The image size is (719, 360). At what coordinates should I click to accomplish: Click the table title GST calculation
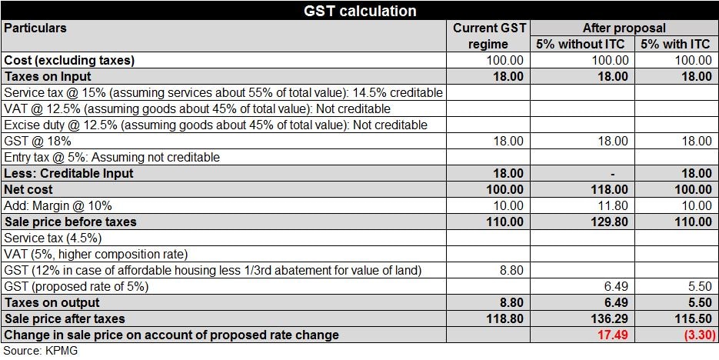(x=359, y=11)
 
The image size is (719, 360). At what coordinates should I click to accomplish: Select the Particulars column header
(x=35, y=28)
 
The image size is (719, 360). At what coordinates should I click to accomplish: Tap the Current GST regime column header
(x=489, y=36)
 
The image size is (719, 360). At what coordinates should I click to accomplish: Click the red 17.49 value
(x=612, y=335)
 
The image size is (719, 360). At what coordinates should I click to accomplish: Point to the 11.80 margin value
(x=613, y=205)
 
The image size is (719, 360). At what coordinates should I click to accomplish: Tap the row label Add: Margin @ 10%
(x=58, y=205)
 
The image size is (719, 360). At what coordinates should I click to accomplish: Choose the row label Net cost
(x=29, y=189)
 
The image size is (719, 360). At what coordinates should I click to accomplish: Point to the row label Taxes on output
(x=51, y=302)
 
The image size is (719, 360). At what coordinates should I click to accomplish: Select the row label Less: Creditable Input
(x=69, y=173)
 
